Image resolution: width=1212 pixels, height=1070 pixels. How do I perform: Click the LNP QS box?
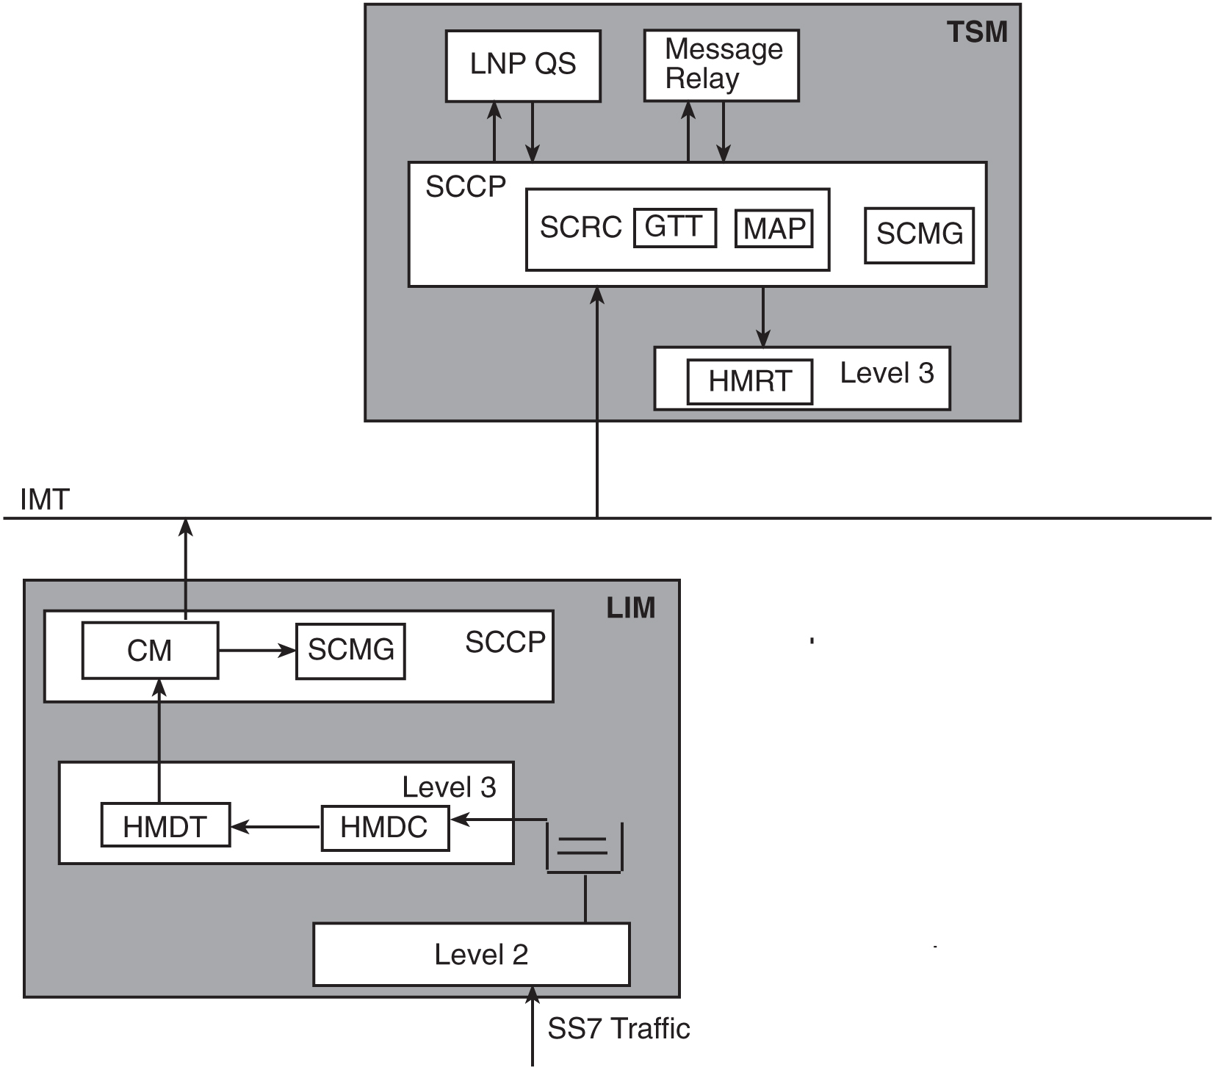[x=523, y=65]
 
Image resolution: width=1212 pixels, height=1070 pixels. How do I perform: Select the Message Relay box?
[x=721, y=65]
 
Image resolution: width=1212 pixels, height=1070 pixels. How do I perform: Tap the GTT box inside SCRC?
[x=674, y=228]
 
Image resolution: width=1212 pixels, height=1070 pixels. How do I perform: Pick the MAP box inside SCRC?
[x=774, y=229]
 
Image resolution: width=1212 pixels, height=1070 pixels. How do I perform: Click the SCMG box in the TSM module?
[x=919, y=235]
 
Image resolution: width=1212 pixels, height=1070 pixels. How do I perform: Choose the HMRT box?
[x=749, y=381]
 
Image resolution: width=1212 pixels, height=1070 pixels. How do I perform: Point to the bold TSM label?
[x=976, y=32]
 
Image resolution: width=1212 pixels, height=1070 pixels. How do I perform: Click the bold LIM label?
[x=630, y=608]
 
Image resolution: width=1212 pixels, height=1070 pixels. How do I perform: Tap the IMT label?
[x=45, y=500]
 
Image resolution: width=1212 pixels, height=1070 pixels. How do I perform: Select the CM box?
[x=150, y=651]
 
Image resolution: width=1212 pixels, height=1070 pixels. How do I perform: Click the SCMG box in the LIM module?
[x=350, y=651]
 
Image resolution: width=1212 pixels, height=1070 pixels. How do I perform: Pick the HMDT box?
[x=165, y=826]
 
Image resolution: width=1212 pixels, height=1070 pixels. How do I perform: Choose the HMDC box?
[x=385, y=828]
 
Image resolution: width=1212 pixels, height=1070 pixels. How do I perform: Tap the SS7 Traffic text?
[x=618, y=1029]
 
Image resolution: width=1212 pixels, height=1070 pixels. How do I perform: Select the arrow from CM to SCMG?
[x=256, y=651]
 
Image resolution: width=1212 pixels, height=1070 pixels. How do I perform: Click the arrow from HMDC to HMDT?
[x=275, y=827]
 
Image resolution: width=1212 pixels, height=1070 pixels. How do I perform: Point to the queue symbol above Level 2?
[x=584, y=847]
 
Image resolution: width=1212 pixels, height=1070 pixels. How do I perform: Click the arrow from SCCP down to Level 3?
[x=763, y=317]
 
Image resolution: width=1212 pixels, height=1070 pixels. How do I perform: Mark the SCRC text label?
[x=580, y=228]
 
